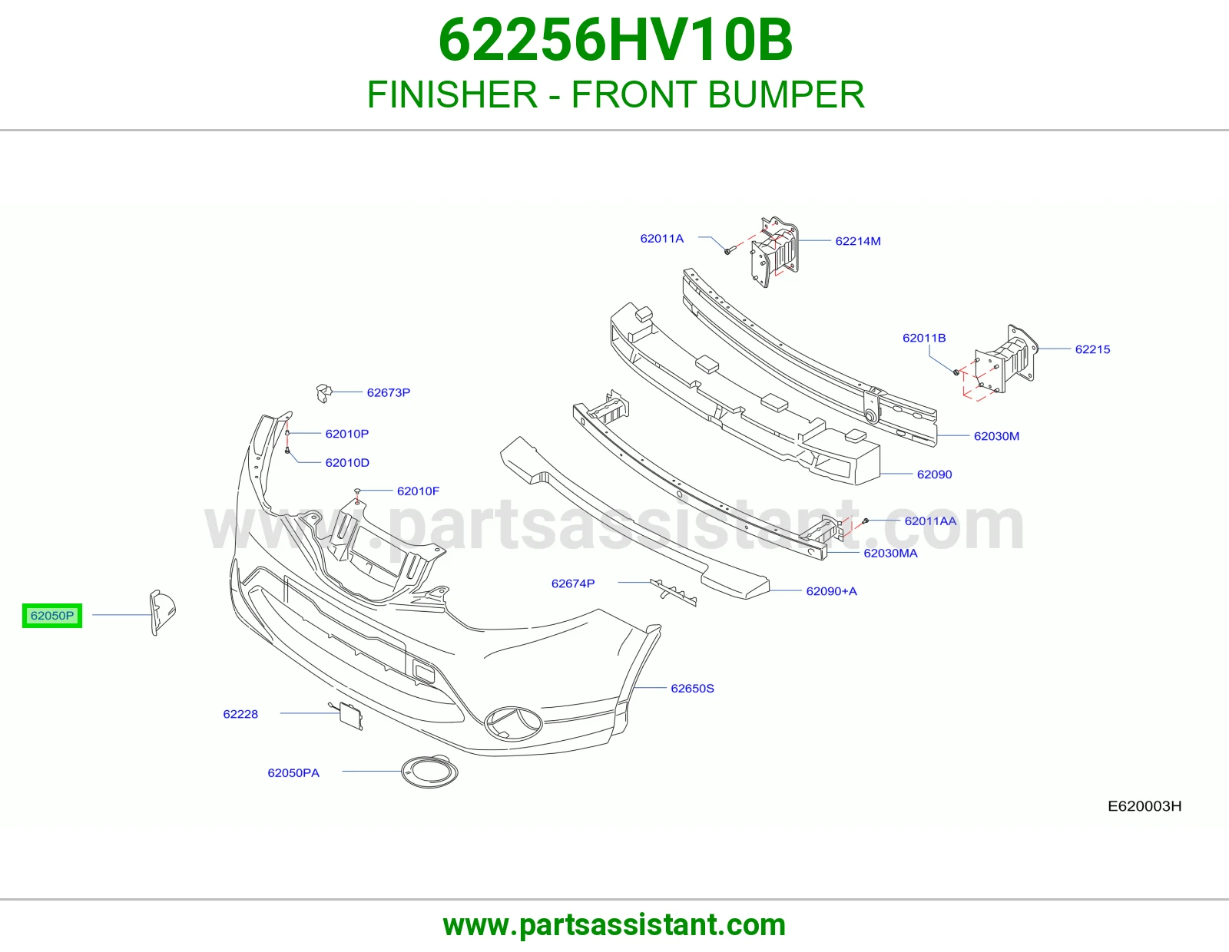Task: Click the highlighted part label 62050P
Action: [52, 616]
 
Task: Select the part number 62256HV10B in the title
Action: [615, 40]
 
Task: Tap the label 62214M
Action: [858, 241]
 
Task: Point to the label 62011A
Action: [661, 239]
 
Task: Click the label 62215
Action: [1093, 349]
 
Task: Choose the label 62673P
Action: [389, 392]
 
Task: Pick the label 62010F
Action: [418, 491]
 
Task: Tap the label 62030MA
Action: [890, 554]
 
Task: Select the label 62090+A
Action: [831, 591]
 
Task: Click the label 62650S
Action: [692, 689]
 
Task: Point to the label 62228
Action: [240, 715]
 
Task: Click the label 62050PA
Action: [293, 773]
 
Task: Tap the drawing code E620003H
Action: [1145, 806]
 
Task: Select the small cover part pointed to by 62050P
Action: [162, 613]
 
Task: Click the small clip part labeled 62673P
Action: [323, 393]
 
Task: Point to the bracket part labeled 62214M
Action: [775, 252]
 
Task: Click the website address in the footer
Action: [614, 925]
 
